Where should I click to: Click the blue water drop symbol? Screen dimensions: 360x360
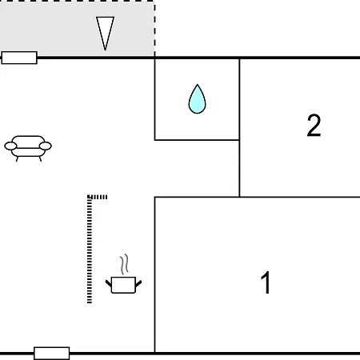click(x=197, y=99)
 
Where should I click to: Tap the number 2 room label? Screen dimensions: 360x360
click(x=314, y=126)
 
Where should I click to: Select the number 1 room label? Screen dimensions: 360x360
click(x=266, y=282)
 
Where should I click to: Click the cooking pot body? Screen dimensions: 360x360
click(x=123, y=285)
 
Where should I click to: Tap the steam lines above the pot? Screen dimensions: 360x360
click(x=124, y=264)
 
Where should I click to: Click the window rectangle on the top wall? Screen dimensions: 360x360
click(x=19, y=58)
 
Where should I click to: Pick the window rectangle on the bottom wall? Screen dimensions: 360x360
click(x=52, y=354)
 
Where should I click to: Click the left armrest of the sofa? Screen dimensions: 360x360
click(x=10, y=146)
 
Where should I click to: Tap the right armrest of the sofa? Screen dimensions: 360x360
click(x=46, y=146)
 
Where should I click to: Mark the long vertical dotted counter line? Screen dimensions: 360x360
click(x=90, y=250)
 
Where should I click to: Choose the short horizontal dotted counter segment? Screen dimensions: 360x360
click(x=98, y=197)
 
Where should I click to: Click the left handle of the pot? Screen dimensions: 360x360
click(x=109, y=283)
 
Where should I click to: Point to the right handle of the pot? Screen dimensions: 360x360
click(x=138, y=283)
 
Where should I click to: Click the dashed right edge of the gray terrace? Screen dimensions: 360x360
click(x=154, y=29)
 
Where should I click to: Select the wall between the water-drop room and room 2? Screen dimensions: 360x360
click(x=239, y=99)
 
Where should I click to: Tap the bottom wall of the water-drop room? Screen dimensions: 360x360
click(x=197, y=140)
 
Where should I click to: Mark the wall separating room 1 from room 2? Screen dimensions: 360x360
click(x=300, y=197)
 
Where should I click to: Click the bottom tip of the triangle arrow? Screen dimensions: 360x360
click(x=106, y=50)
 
